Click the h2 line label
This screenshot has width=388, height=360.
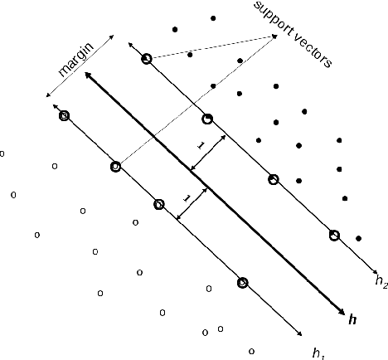click(381, 281)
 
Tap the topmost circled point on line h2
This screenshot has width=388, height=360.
click(147, 59)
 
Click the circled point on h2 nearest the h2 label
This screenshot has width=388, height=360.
click(334, 235)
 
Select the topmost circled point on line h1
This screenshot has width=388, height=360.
click(65, 115)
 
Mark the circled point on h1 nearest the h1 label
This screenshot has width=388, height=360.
click(242, 283)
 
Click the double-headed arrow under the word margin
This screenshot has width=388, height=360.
click(83, 71)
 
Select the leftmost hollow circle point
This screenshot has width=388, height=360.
click(2, 153)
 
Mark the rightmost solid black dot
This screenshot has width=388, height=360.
click(358, 239)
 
